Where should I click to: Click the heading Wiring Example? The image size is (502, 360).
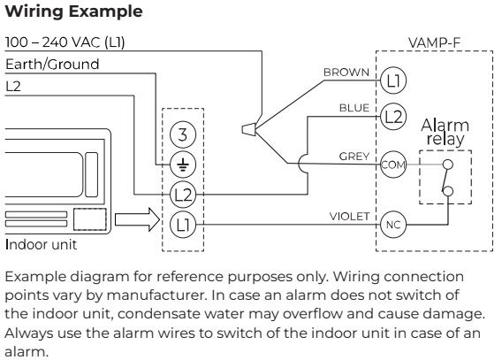tap(73, 11)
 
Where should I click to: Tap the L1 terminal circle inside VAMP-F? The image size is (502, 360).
tap(393, 80)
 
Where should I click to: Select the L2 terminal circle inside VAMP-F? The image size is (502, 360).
tap(393, 116)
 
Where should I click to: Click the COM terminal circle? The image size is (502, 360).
tap(393, 165)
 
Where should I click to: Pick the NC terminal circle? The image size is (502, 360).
tap(393, 225)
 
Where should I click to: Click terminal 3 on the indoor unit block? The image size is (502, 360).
tap(182, 134)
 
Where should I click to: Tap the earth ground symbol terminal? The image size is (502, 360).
tap(182, 165)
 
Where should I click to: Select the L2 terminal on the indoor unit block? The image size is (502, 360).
tap(182, 195)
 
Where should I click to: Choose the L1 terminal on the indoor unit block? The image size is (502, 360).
tap(182, 225)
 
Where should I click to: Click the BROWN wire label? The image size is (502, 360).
tap(346, 73)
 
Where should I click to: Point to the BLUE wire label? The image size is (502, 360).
tap(354, 108)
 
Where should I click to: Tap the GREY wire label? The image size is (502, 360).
tap(354, 157)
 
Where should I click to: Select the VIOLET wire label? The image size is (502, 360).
tap(349, 217)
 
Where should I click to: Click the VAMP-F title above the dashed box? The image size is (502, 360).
tap(434, 42)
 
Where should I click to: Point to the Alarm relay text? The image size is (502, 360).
tap(445, 133)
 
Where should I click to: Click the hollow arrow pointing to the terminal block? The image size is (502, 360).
tap(137, 219)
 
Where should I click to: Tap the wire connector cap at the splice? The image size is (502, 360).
tap(248, 130)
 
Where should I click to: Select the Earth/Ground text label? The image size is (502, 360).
tap(52, 65)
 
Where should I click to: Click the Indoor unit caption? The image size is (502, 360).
tap(41, 245)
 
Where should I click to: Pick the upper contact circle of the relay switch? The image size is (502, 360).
tap(447, 165)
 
